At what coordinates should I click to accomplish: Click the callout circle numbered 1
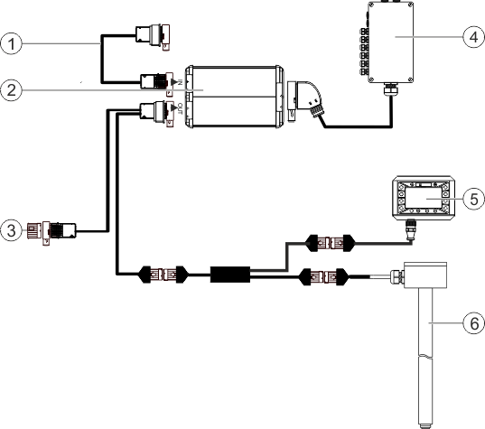coord(12,42)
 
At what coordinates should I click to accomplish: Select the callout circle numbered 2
coord(12,89)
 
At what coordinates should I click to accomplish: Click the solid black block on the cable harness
coord(230,272)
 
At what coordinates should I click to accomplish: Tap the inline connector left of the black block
coord(162,272)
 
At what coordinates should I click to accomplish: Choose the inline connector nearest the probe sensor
coord(322,275)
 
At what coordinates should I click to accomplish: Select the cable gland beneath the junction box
coord(390,91)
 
